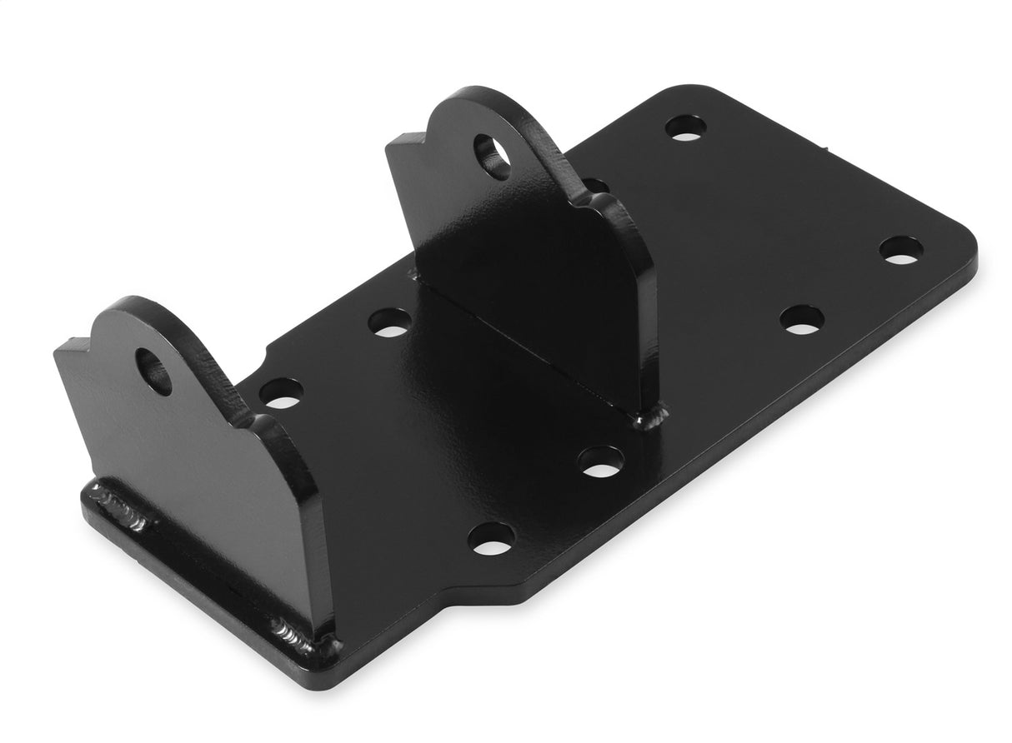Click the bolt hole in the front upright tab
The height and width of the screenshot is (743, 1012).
coord(153,371)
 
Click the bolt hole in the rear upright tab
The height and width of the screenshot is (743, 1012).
coord(493,155)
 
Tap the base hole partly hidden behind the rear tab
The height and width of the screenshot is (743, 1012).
coord(595,185)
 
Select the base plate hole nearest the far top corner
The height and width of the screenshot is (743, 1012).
coord(685,127)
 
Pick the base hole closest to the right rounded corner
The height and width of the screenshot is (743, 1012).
coord(901,250)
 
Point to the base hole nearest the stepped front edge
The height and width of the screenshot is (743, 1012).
coord(490,539)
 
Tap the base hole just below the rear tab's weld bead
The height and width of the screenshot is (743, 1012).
coord(601,461)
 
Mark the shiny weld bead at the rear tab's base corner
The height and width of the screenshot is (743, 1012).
coord(651,414)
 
